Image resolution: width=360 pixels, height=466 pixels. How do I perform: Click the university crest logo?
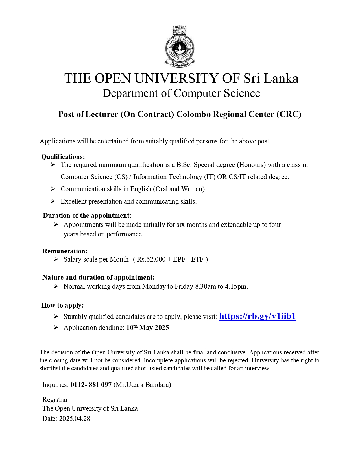click(180, 47)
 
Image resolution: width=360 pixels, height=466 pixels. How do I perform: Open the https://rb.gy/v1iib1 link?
click(257, 316)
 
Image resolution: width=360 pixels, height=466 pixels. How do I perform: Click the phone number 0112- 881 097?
click(91, 384)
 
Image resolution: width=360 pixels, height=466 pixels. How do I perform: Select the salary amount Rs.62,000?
click(151, 259)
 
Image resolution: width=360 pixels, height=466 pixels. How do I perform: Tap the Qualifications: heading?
click(63, 157)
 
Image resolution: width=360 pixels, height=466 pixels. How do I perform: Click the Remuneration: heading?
click(65, 251)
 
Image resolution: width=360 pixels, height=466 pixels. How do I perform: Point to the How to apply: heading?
click(62, 305)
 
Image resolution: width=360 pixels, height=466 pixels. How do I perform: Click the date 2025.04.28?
click(74, 418)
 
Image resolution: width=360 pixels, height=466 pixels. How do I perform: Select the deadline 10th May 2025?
click(147, 328)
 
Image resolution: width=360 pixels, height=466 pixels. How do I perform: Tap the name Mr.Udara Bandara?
click(142, 384)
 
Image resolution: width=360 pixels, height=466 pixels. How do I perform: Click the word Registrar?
click(55, 399)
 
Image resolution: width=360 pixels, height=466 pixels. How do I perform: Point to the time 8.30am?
click(205, 286)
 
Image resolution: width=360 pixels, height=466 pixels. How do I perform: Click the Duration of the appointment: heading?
click(87, 215)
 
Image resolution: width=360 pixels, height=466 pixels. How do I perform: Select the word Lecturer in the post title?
click(102, 114)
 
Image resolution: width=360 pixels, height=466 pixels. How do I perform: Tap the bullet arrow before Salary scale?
click(56, 259)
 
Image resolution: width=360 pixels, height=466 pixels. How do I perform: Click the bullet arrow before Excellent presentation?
click(53, 201)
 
